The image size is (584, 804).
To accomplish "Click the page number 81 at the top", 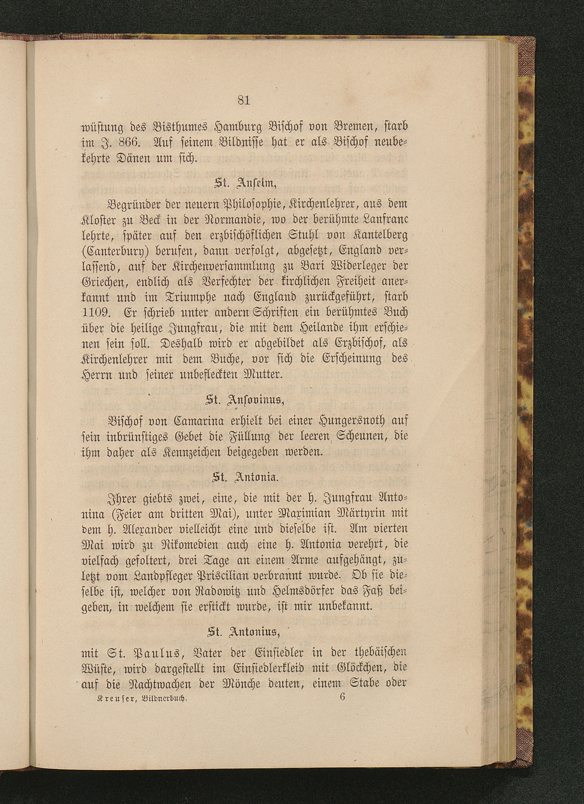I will pyautogui.click(x=244, y=101).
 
